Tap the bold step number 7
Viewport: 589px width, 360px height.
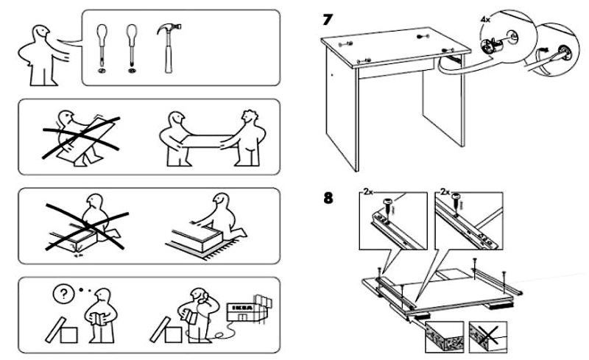[x=326, y=18]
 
